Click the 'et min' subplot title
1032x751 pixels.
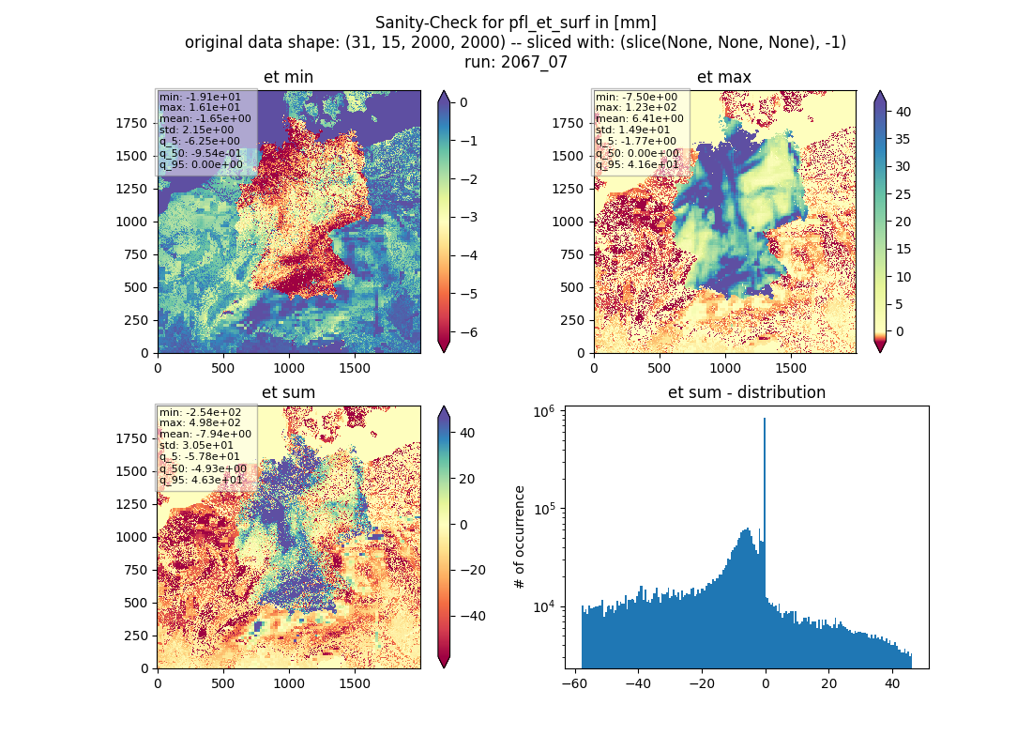pos(288,77)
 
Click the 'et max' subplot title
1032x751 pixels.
pos(724,77)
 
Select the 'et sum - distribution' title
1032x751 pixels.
pos(747,392)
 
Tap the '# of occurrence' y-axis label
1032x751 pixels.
pos(520,538)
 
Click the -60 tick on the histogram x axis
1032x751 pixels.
pos(575,683)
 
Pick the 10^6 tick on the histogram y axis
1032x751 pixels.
pos(543,411)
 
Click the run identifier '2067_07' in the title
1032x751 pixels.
pos(534,62)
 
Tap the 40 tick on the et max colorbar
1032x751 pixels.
pos(903,112)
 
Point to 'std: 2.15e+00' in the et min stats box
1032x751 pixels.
pos(196,130)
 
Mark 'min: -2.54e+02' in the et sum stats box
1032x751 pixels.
pos(200,412)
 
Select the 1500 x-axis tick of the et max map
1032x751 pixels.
pos(791,368)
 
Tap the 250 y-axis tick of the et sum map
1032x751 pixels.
pos(137,636)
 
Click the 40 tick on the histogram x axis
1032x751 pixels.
pos(892,683)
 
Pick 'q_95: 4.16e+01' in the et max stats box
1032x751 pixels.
pos(637,164)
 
